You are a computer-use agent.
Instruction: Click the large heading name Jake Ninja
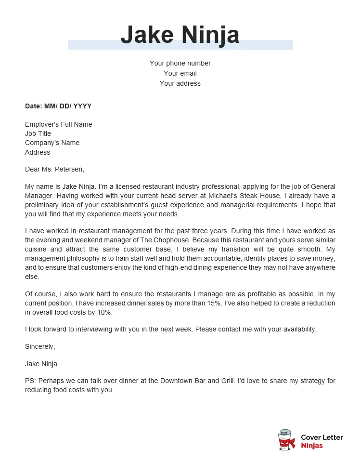pos(180,35)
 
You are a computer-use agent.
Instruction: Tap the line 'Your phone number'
pos(180,63)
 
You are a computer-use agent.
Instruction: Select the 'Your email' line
pos(180,73)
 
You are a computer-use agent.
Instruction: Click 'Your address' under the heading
pos(180,83)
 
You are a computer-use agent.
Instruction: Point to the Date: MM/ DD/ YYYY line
pos(58,106)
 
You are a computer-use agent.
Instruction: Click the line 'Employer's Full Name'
pos(58,124)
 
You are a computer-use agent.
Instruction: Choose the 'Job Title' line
pos(38,133)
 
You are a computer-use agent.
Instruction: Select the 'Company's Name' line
pos(52,143)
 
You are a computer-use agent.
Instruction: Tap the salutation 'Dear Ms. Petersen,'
pos(54,169)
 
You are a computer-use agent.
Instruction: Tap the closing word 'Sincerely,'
pos(40,346)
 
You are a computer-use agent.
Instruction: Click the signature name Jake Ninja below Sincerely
pos(41,364)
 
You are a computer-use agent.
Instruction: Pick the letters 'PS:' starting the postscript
pos(30,381)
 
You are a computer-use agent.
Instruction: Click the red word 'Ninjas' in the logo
pos(312,446)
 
